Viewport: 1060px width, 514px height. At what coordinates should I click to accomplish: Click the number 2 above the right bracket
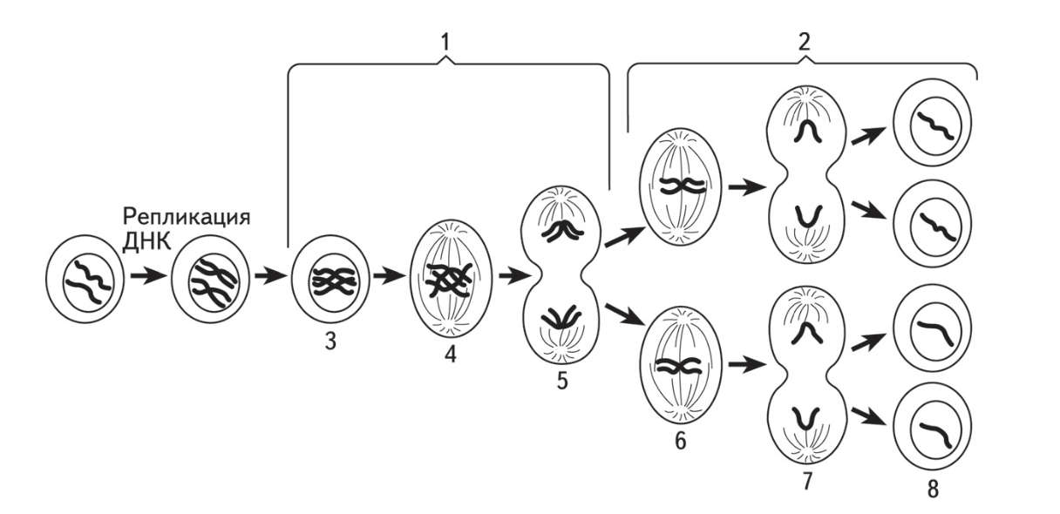coord(804,42)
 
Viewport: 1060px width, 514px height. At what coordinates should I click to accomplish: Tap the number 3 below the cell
coord(330,341)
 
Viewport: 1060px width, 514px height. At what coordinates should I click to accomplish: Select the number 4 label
coord(451,355)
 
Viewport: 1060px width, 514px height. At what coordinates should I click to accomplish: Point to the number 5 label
coord(561,381)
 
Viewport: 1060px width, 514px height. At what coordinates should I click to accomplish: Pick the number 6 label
coord(680,441)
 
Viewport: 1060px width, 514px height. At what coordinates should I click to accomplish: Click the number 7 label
coord(807,482)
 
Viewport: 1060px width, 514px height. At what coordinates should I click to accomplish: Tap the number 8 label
coord(933,490)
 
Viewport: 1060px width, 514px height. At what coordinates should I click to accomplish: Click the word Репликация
coord(187,218)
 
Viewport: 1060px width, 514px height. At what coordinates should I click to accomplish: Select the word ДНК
coord(146,241)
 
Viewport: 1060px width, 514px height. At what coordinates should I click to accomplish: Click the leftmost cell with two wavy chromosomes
coord(85,280)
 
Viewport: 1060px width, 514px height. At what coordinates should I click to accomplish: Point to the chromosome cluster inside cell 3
coord(334,282)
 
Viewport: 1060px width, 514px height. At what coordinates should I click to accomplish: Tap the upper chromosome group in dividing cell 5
coord(562,232)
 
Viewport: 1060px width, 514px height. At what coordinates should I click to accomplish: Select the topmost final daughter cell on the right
coord(932,123)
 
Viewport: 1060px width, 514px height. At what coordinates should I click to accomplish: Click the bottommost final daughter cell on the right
coord(932,428)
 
